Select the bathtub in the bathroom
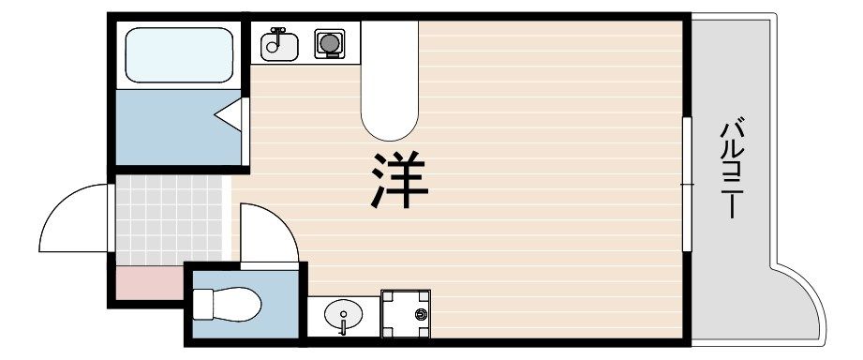pyautogui.click(x=178, y=55)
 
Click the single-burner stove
pyautogui.click(x=328, y=43)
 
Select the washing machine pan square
pyautogui.click(x=405, y=314)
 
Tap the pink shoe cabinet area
pyautogui.click(x=148, y=281)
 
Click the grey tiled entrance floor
pyautogui.click(x=169, y=221)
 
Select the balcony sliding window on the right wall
pyautogui.click(x=687, y=183)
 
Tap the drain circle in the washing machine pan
pyautogui.click(x=421, y=312)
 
